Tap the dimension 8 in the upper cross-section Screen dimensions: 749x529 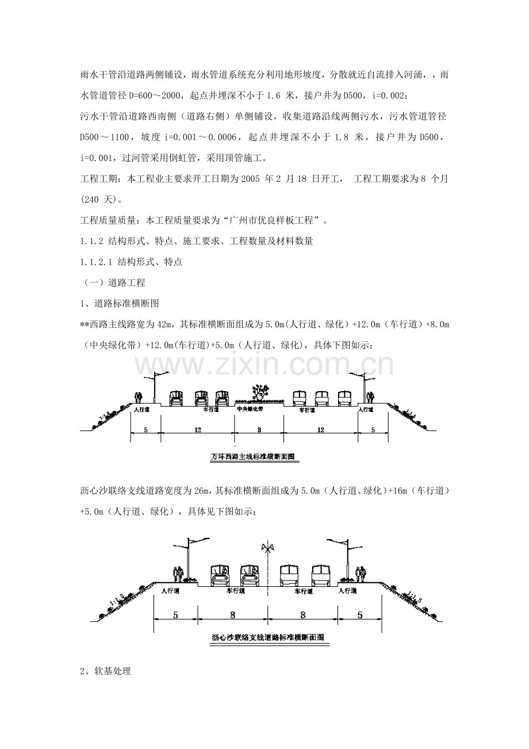pos(259,430)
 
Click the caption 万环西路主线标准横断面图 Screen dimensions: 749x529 pos(253,457)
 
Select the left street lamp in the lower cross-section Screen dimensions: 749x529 pos(189,558)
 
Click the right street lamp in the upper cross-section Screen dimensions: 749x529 pos(363,388)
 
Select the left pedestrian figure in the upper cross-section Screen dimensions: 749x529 pos(138,397)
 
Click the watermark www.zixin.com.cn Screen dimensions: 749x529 pos(264,365)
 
